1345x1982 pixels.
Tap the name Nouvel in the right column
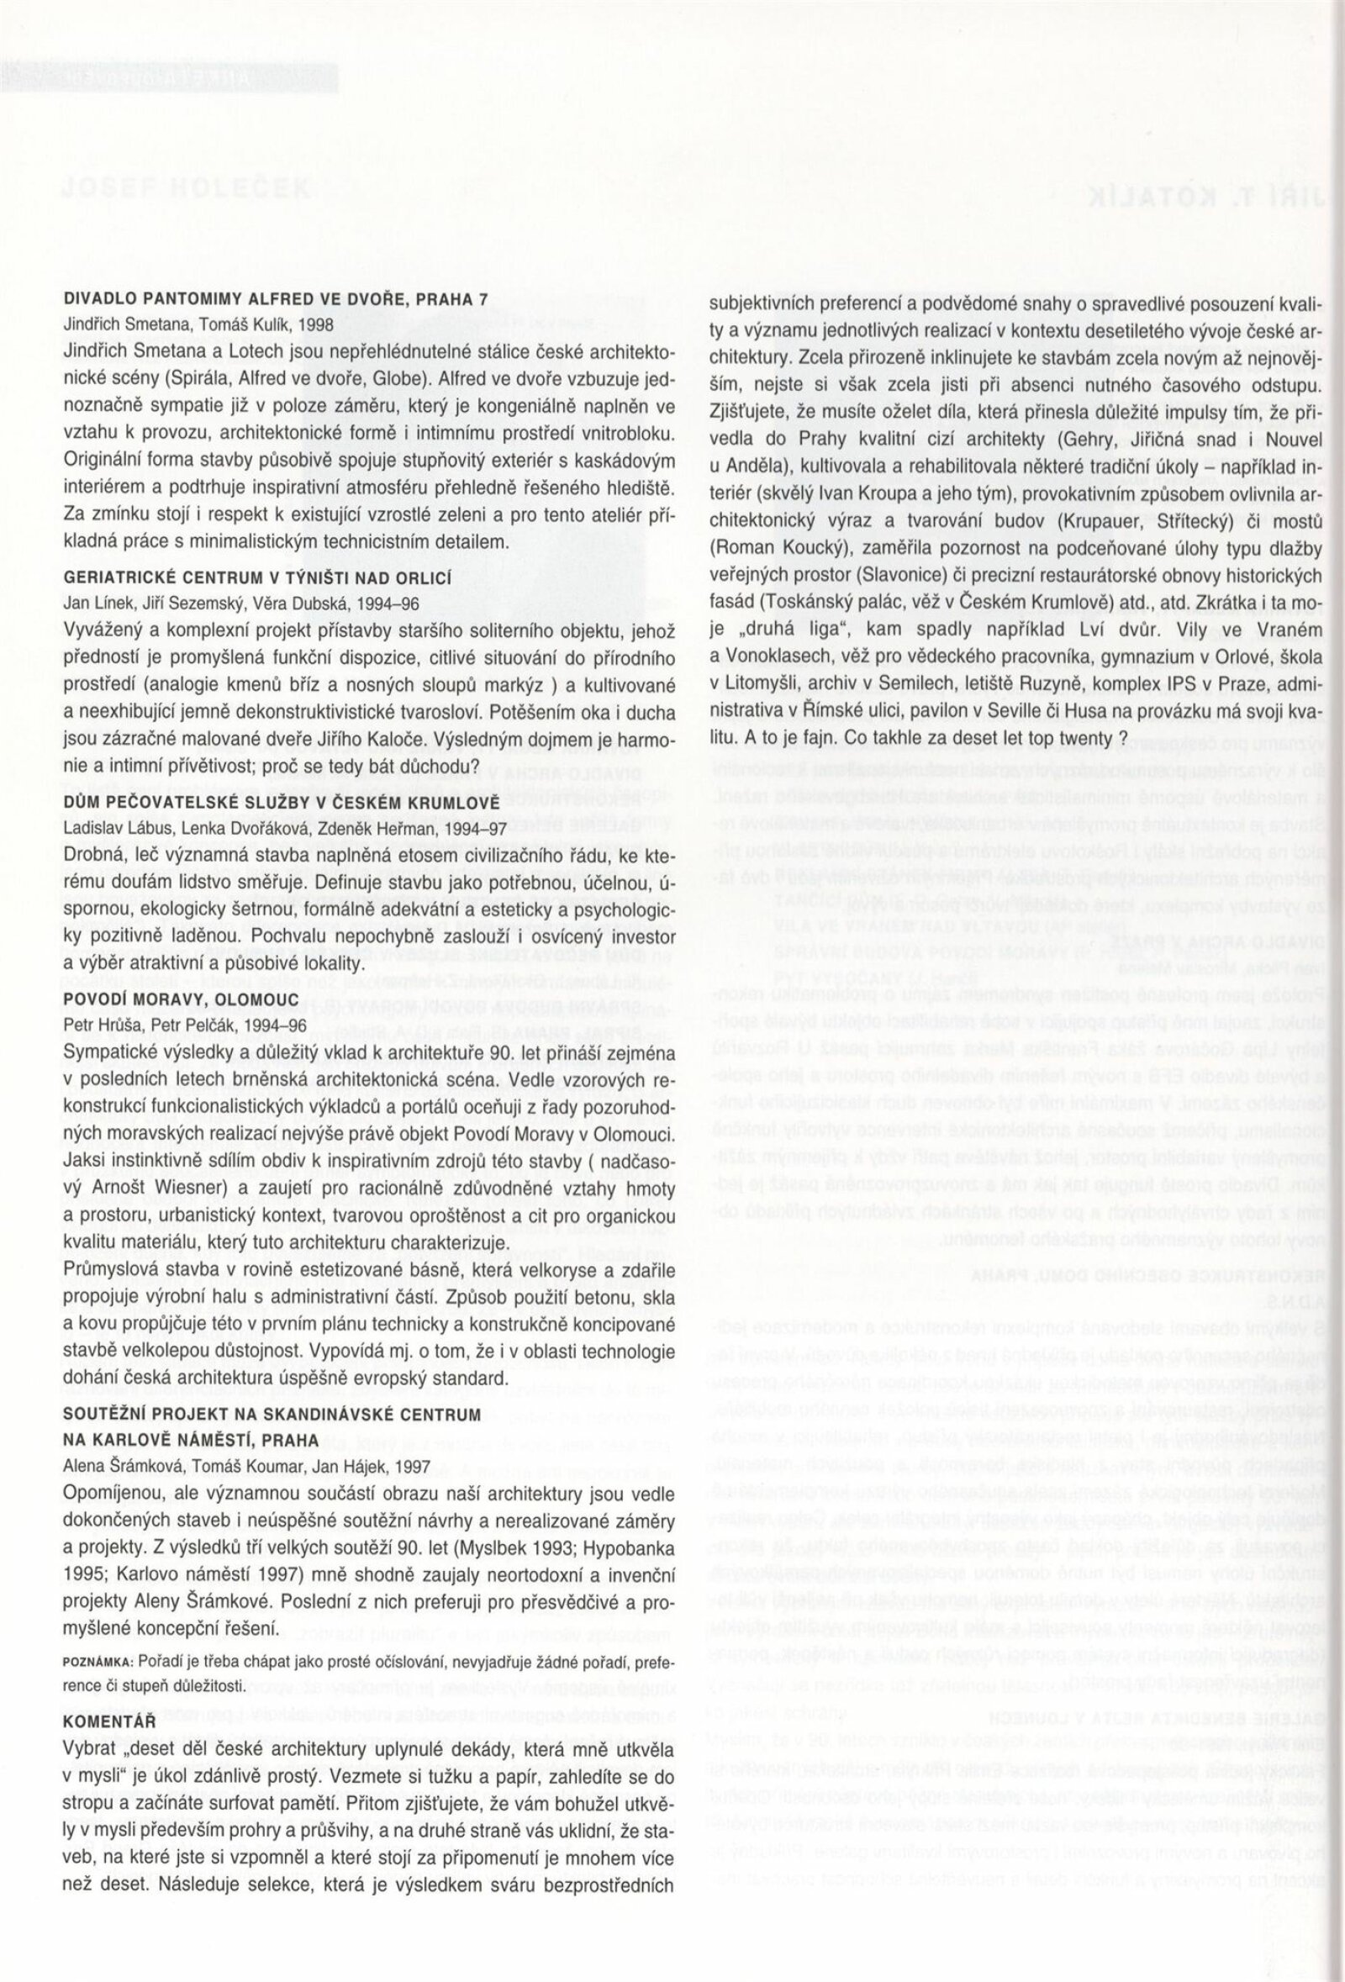1292,440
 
